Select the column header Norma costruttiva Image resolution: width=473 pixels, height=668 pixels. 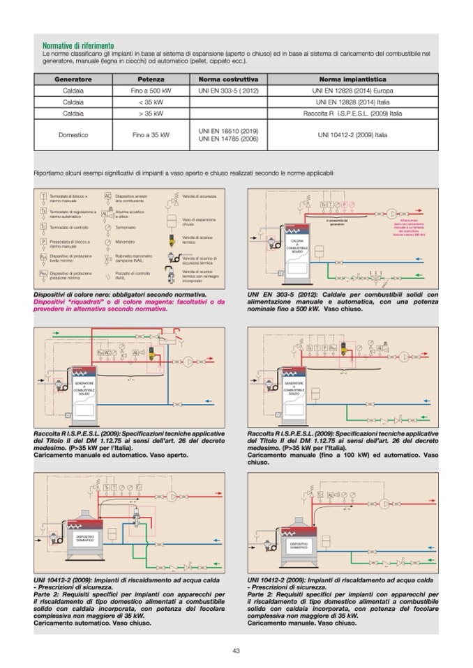(x=228, y=79)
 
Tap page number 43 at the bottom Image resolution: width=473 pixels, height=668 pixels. (x=236, y=651)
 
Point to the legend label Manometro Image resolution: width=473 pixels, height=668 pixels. (x=126, y=242)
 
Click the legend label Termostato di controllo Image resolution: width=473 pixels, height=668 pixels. (x=68, y=228)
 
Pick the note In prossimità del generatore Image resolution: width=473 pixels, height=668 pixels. (x=336, y=222)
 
